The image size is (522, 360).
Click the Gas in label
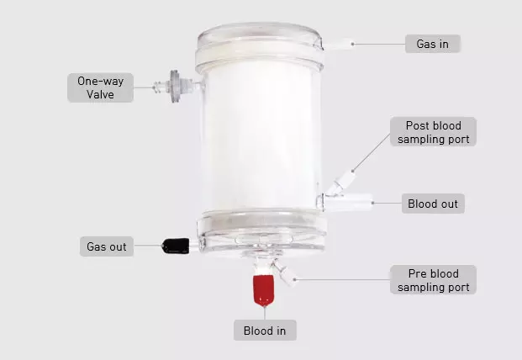coord(432,44)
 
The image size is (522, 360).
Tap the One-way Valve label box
coord(100,87)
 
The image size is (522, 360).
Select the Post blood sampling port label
coord(433,132)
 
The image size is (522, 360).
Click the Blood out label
coord(433,204)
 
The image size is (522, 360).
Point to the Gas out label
coord(107,246)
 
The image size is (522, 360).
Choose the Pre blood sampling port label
coord(433,280)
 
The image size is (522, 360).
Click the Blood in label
coord(265,331)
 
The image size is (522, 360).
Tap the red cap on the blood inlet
coord(264,289)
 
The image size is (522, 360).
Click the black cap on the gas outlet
coord(176,246)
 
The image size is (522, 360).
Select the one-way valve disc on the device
coord(175,87)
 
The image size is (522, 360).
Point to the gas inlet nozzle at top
coord(338,45)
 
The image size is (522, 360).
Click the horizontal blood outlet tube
coord(348,202)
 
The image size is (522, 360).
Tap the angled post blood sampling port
coord(341,182)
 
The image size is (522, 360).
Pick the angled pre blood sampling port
coord(285,273)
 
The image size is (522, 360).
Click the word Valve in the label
coord(100,94)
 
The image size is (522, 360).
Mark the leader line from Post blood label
coord(372,152)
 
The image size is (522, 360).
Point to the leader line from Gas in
coord(379,44)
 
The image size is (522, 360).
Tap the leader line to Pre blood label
coord(343,280)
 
